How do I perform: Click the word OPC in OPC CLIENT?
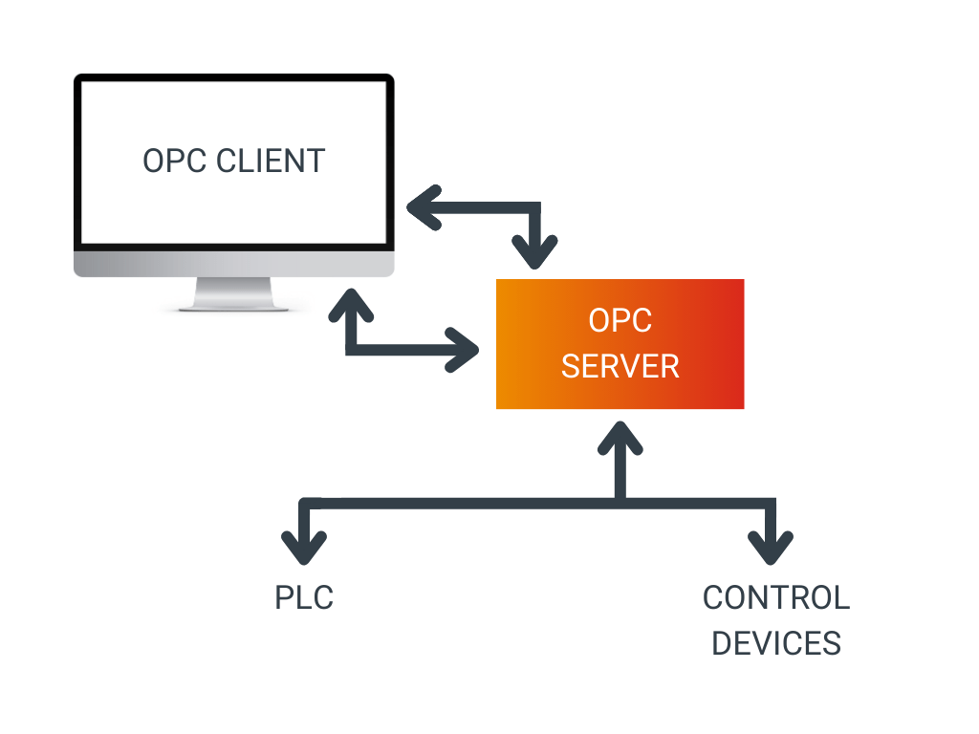(x=175, y=161)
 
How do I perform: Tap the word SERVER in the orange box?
(x=620, y=366)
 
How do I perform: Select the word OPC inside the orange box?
(x=620, y=320)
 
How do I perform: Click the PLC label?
(x=304, y=598)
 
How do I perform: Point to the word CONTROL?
(x=775, y=598)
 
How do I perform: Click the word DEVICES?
(x=775, y=643)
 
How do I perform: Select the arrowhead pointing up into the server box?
(x=620, y=435)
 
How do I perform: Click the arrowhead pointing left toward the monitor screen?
(x=421, y=207)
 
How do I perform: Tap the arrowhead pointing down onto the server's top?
(x=535, y=255)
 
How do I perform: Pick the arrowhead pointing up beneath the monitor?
(x=350, y=306)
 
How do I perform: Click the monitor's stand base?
(x=233, y=304)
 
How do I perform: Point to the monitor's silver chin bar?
(x=233, y=264)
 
